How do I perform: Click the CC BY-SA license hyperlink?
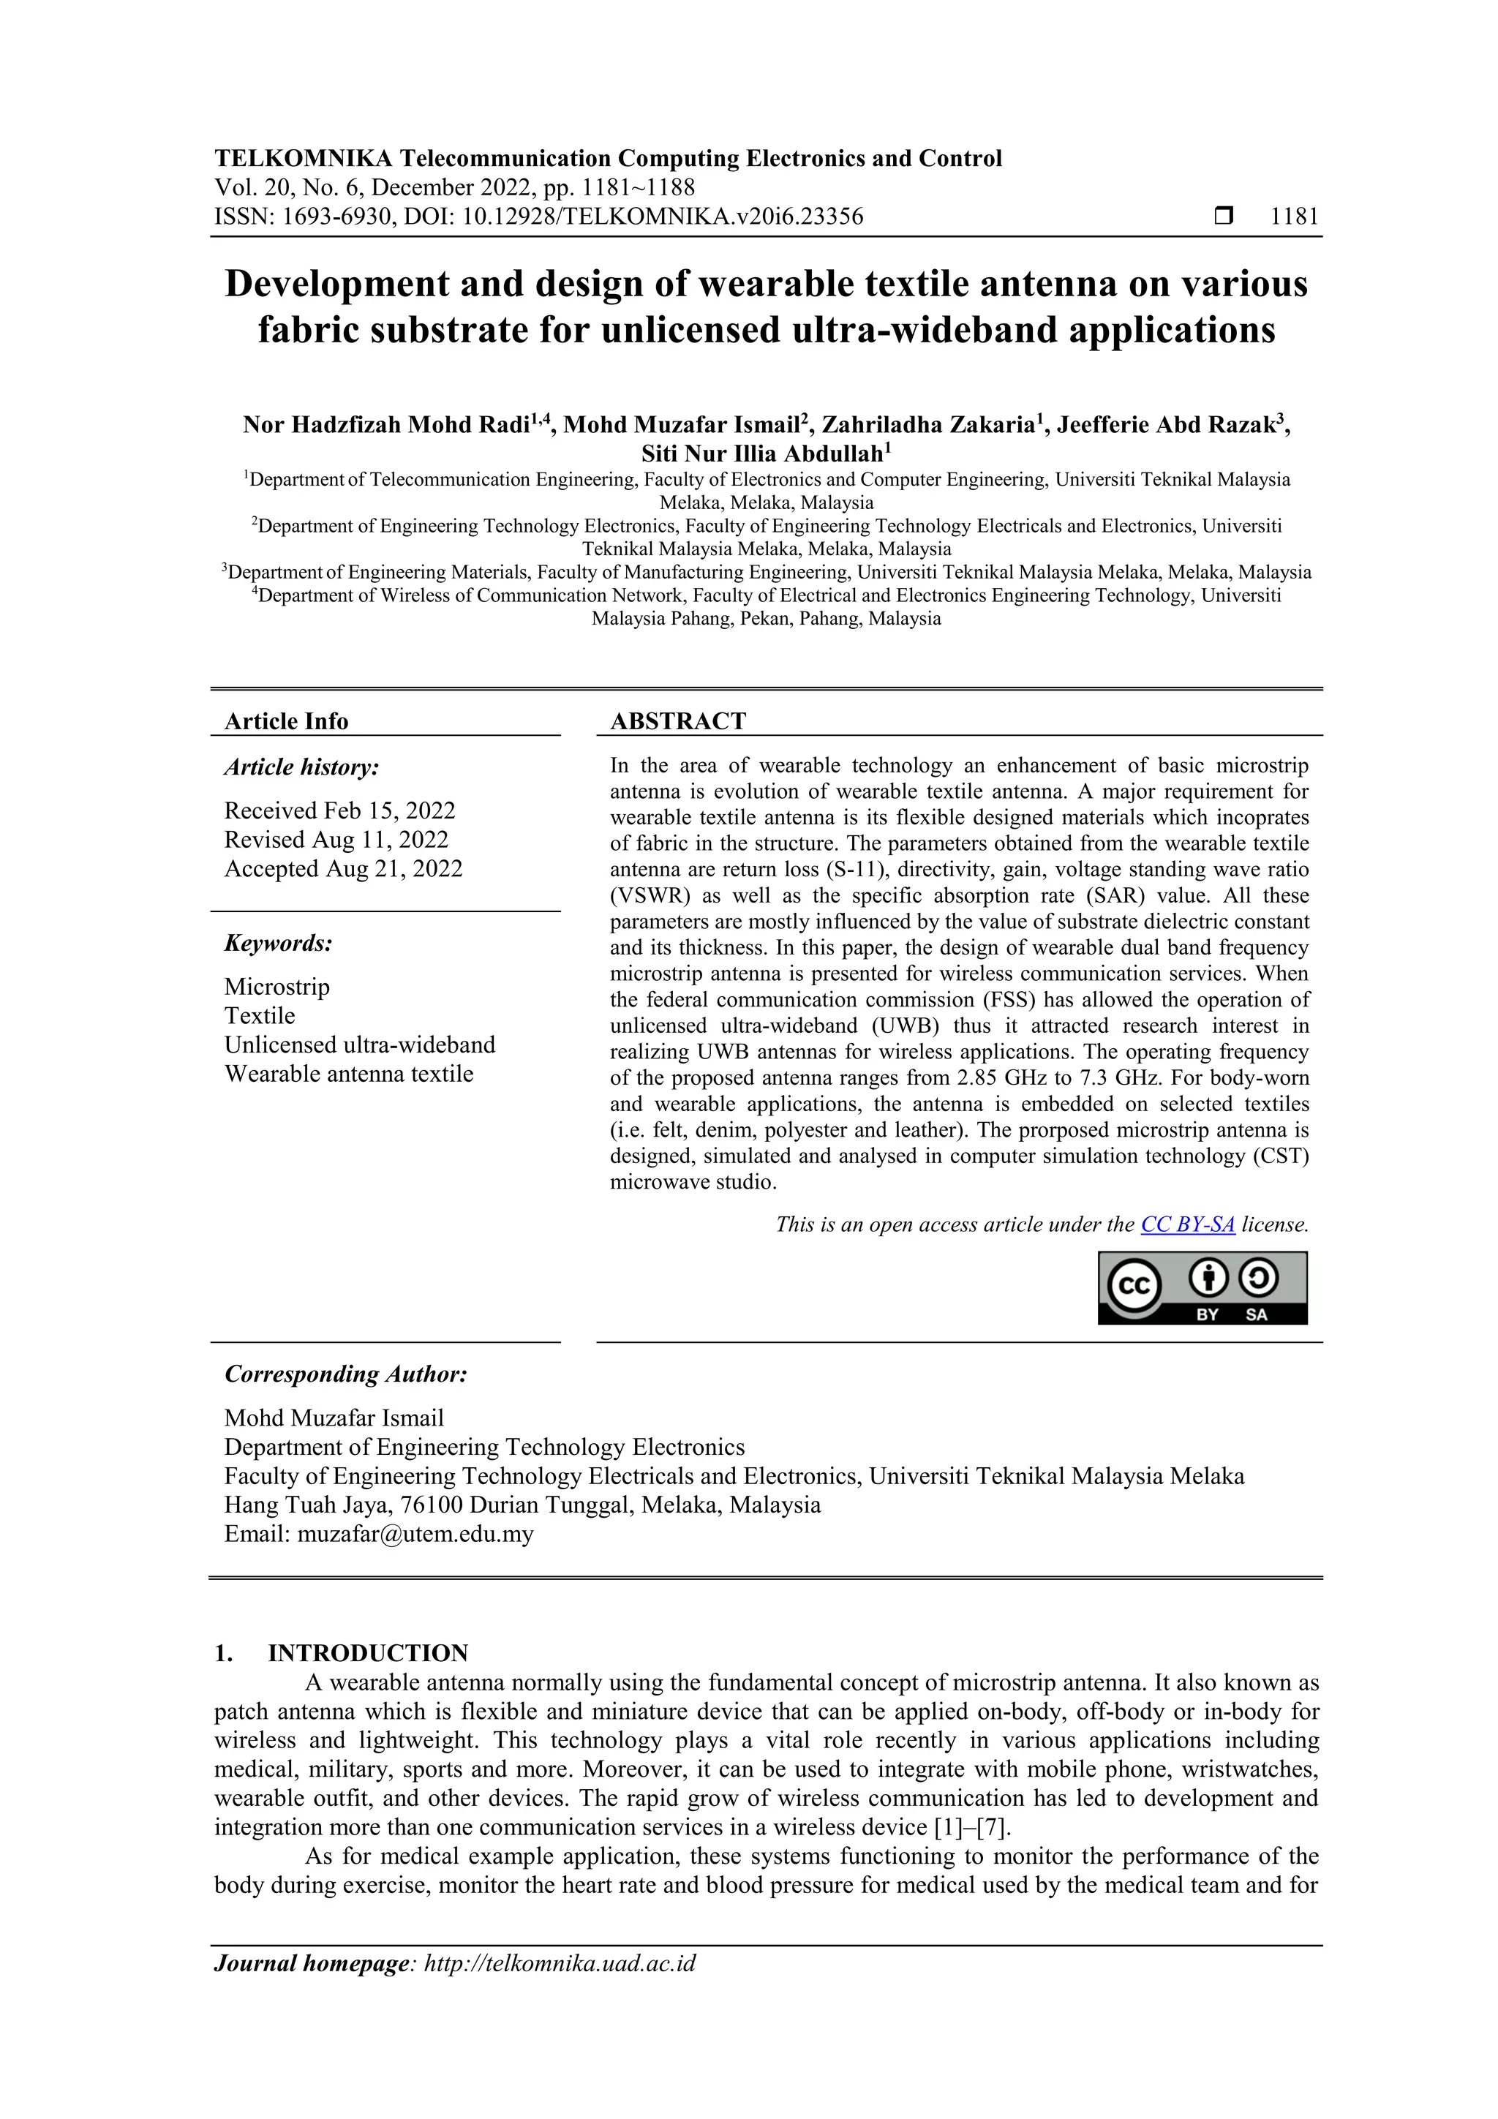1187,1224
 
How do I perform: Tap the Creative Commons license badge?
1202,1287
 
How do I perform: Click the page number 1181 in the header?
1294,217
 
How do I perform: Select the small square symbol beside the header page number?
1223,217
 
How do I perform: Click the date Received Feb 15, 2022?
339,810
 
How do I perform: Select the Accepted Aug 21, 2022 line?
343,868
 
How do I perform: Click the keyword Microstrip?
277,987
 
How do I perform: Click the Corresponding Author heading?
346,1374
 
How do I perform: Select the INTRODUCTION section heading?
367,1653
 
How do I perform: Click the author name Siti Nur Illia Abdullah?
762,454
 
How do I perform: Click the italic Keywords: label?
279,944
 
